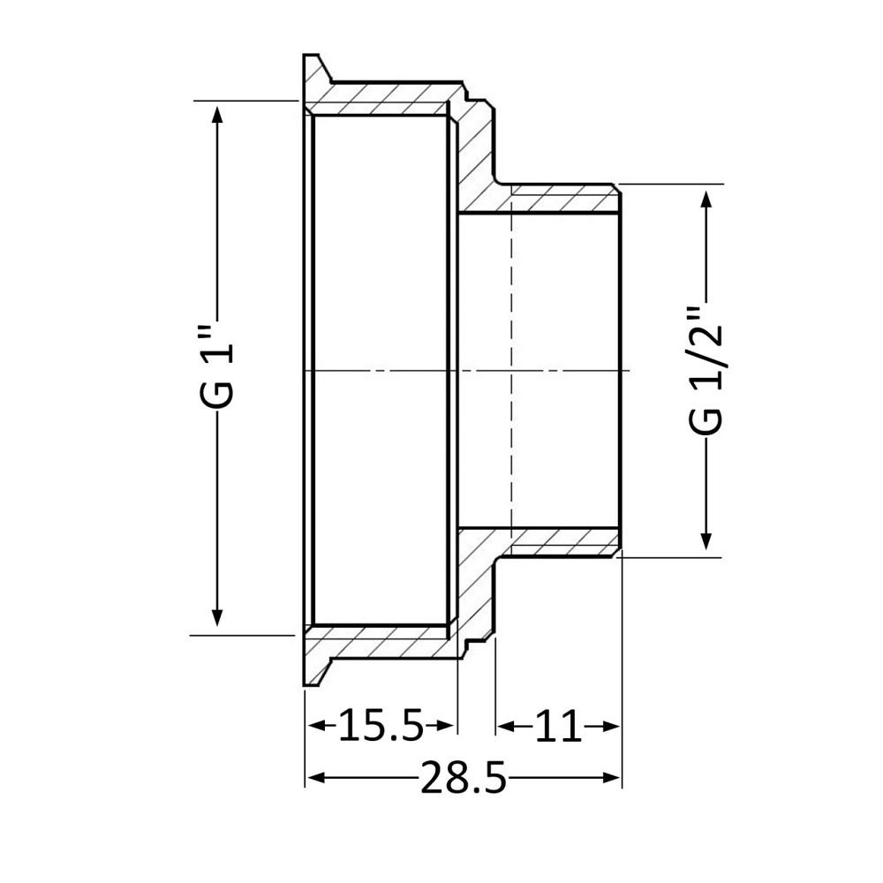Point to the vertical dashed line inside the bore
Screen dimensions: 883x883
[x=511, y=371]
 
